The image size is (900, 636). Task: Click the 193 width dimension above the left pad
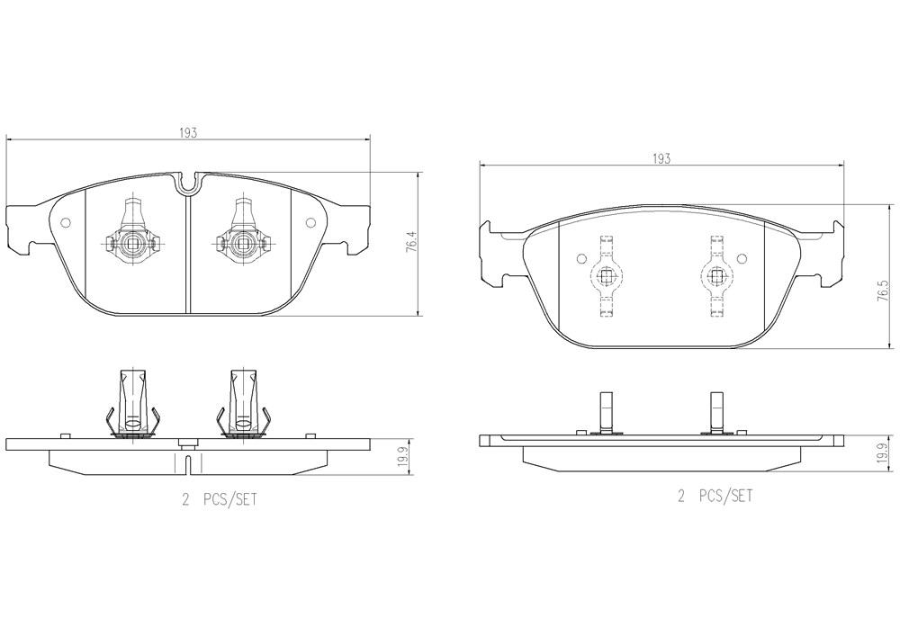click(x=188, y=133)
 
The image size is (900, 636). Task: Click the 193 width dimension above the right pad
click(x=661, y=159)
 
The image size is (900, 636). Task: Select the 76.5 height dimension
click(x=888, y=291)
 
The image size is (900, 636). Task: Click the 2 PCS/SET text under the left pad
click(x=220, y=499)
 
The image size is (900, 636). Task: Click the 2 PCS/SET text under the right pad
click(x=715, y=496)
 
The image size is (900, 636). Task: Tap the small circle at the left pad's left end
click(x=65, y=223)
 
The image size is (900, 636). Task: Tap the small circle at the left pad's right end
click(x=310, y=223)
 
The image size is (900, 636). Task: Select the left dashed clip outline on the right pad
click(x=606, y=276)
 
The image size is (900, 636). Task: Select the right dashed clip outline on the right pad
click(x=716, y=276)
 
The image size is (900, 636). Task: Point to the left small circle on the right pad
click(x=580, y=258)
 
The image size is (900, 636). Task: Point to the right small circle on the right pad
click(x=742, y=258)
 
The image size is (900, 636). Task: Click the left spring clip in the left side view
click(x=131, y=404)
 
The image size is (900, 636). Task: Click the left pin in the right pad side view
click(x=606, y=412)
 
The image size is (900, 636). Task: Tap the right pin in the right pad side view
click(x=716, y=412)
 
